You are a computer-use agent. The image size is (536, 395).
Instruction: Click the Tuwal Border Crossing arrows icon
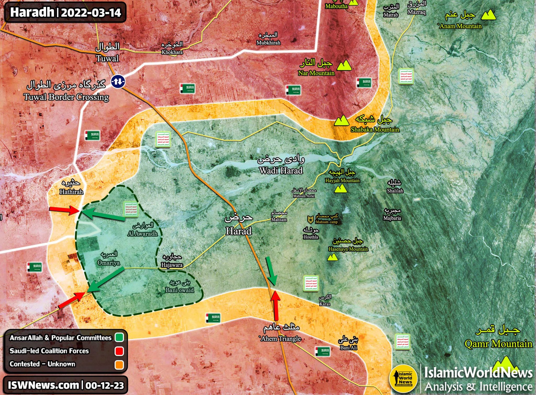tap(118, 81)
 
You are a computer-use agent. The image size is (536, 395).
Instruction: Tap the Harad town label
tap(239, 231)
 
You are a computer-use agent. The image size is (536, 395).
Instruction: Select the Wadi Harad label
tap(281, 170)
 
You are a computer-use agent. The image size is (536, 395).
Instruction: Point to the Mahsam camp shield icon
tap(310, 219)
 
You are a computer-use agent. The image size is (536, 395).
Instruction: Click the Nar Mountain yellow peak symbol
tap(344, 66)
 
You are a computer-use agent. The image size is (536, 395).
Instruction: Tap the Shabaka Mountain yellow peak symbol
tap(341, 121)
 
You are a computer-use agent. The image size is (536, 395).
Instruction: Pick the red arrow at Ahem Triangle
tap(276, 305)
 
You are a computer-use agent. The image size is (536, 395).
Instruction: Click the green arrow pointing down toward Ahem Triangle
tap(271, 271)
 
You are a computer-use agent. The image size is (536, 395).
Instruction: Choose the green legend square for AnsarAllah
tap(119, 337)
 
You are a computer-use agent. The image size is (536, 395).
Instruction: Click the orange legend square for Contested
tap(119, 365)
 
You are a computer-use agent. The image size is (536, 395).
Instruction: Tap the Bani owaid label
tap(180, 290)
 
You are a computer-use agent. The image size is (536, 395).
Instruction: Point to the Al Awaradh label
tap(143, 233)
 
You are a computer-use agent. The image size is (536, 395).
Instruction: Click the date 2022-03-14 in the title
tap(91, 12)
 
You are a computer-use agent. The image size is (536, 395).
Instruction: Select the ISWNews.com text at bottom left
tap(43, 385)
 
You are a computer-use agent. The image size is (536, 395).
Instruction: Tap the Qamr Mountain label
tap(498, 344)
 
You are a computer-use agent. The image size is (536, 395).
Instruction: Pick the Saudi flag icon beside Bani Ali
tap(322, 352)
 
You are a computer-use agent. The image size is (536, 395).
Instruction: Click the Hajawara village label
tap(172, 265)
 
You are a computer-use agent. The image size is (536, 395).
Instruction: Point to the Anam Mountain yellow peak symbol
tap(488, 15)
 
